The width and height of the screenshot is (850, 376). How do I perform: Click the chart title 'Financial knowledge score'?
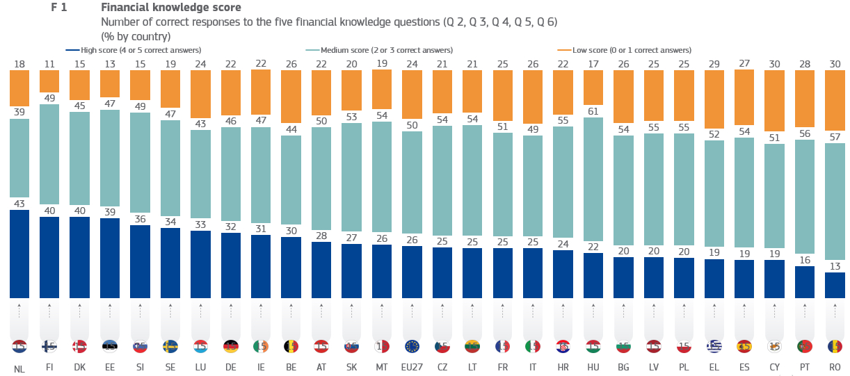171,8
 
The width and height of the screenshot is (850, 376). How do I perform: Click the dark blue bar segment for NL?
19,253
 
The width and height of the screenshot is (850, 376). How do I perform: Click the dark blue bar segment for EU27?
412,271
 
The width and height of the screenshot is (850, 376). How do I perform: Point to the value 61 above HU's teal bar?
593,111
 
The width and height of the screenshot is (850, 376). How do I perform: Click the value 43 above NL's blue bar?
19,203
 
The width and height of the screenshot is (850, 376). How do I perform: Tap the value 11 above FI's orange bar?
49,64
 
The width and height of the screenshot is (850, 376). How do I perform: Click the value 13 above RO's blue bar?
835,265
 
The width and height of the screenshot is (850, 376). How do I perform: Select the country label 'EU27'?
412,367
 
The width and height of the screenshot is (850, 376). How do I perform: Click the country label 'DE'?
231,367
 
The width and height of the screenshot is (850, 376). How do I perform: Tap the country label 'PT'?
805,367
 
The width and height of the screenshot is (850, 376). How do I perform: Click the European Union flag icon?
412,345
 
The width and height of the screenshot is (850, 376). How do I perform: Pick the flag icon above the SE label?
170,345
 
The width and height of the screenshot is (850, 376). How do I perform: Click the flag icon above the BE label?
291,345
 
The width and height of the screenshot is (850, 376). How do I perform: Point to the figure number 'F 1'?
59,8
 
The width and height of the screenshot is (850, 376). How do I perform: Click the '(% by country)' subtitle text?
136,35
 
